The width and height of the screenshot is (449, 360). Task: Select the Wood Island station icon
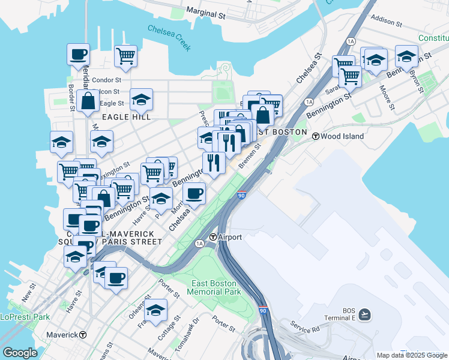(x=315, y=136)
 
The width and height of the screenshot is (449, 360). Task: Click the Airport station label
(x=230, y=237)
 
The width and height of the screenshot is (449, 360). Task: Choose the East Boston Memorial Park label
(x=214, y=287)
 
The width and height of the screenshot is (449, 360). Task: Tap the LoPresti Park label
(x=25, y=317)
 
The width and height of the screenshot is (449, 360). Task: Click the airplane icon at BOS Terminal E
(x=364, y=314)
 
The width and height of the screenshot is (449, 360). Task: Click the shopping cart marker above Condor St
(x=125, y=56)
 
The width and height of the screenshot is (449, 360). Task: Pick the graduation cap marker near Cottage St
(x=155, y=310)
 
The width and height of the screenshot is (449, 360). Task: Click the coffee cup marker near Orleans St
(x=116, y=278)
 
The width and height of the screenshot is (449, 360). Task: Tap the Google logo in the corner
(x=20, y=353)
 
